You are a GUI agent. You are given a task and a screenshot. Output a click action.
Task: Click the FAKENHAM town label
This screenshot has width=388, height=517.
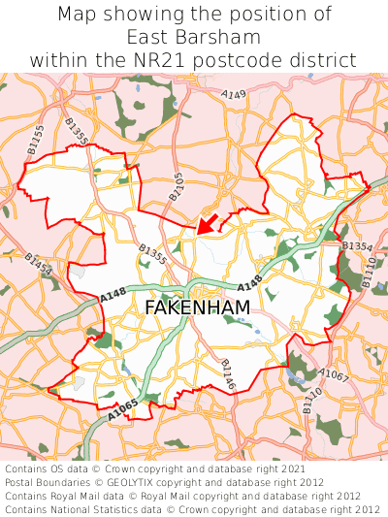coord(197,307)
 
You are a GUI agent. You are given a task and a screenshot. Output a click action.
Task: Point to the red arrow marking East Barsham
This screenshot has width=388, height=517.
coord(207,224)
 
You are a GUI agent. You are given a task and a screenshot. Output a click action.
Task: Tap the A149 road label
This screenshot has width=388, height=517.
coord(233,95)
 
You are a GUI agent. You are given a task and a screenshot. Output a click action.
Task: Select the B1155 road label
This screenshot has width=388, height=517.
coord(35,143)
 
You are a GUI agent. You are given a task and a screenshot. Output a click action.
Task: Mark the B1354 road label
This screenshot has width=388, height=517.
coord(356,247)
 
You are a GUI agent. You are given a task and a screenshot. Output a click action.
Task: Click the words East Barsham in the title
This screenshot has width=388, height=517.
coord(194,37)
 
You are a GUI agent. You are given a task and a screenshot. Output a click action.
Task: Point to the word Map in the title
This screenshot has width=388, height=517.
coord(76,15)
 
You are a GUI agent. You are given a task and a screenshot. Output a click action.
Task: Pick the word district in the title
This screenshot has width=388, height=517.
coord(326,59)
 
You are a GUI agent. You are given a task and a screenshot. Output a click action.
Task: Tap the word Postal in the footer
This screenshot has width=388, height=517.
coord(20,482)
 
